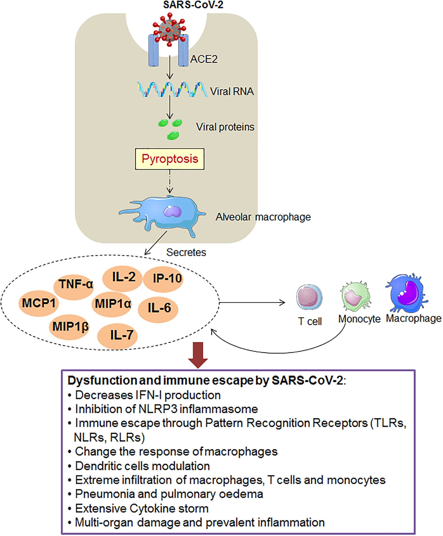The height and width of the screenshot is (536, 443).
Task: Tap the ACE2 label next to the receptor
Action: pos(204,59)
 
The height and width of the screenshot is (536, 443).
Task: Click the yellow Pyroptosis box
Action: pos(170,159)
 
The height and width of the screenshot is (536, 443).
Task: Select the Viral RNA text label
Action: pos(232,91)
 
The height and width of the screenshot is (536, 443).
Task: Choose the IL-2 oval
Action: pos(123,278)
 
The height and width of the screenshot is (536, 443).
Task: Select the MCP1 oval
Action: pos(39,303)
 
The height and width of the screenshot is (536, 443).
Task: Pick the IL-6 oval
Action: pos(158,309)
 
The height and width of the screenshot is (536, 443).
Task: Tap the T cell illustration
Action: pos(309,297)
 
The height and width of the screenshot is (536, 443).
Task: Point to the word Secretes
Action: pos(186,253)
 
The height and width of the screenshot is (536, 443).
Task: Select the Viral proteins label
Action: pos(225,127)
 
